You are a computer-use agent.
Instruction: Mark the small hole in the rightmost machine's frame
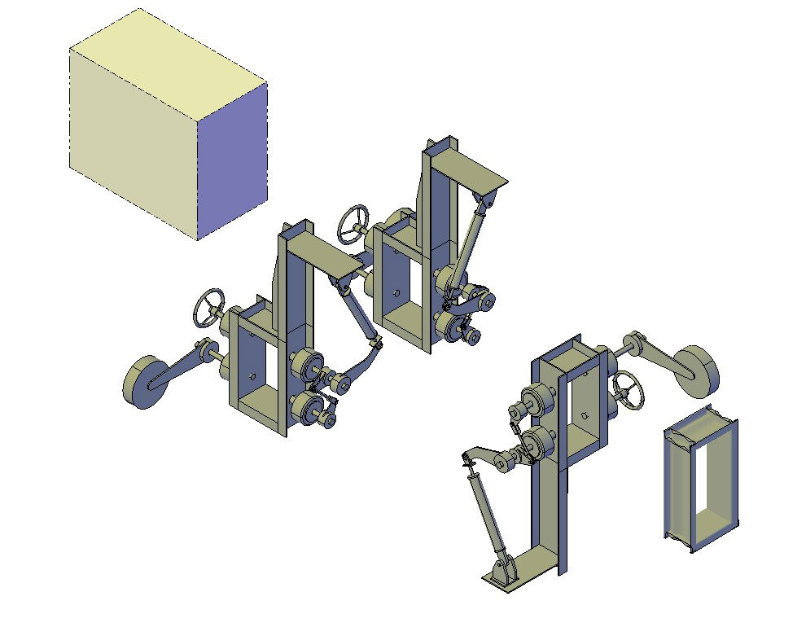tap(585, 415)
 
